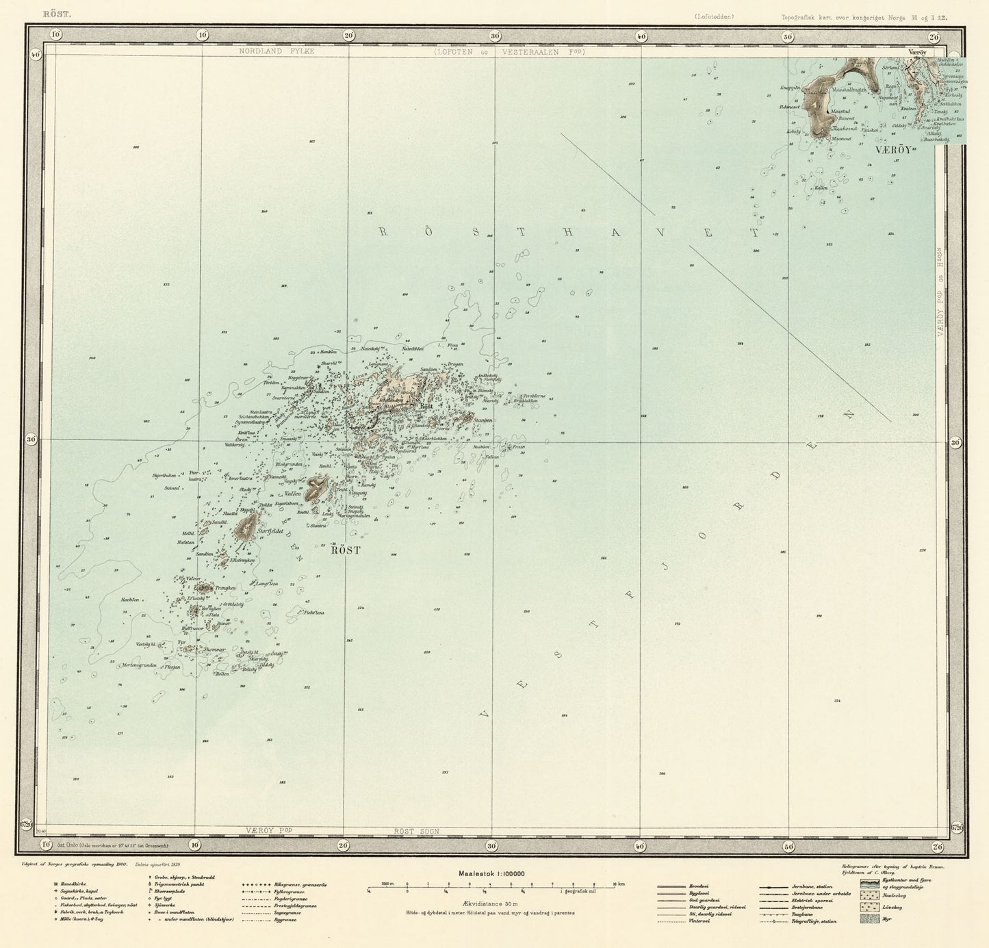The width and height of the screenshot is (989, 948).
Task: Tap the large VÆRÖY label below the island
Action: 893,149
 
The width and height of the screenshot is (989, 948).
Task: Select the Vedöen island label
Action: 294,494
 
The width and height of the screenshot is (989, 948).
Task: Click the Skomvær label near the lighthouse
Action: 214,650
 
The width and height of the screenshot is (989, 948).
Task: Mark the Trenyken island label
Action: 224,588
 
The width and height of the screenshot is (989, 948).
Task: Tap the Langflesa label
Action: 266,584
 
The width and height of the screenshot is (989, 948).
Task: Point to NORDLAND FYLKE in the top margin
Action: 276,51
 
